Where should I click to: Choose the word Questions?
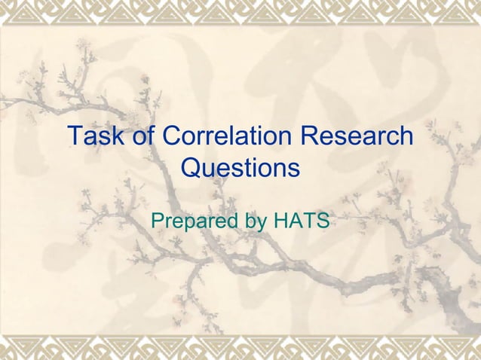[240, 167]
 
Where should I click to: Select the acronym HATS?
[300, 221]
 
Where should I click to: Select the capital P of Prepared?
[158, 221]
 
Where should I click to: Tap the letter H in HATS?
[280, 221]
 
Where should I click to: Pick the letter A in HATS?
[295, 221]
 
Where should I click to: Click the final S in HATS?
[321, 221]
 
